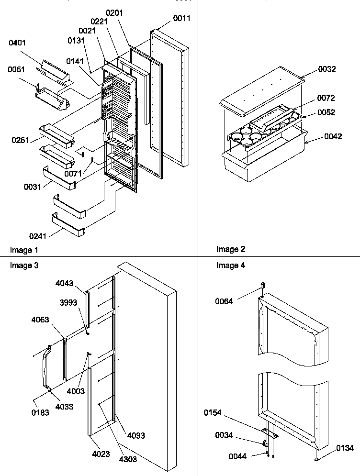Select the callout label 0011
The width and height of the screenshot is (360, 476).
tap(181, 19)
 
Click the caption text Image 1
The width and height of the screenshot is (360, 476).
tap(24, 250)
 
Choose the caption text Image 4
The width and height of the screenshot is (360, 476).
tap(230, 266)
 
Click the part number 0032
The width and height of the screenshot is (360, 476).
tap(327, 69)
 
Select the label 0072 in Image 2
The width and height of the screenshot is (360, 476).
tap(326, 98)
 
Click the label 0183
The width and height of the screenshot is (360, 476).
tap(40, 413)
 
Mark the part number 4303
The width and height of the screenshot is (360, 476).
tap(128, 459)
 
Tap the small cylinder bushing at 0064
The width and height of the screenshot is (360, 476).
tap(262, 286)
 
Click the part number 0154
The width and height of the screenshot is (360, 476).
tap(225, 412)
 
